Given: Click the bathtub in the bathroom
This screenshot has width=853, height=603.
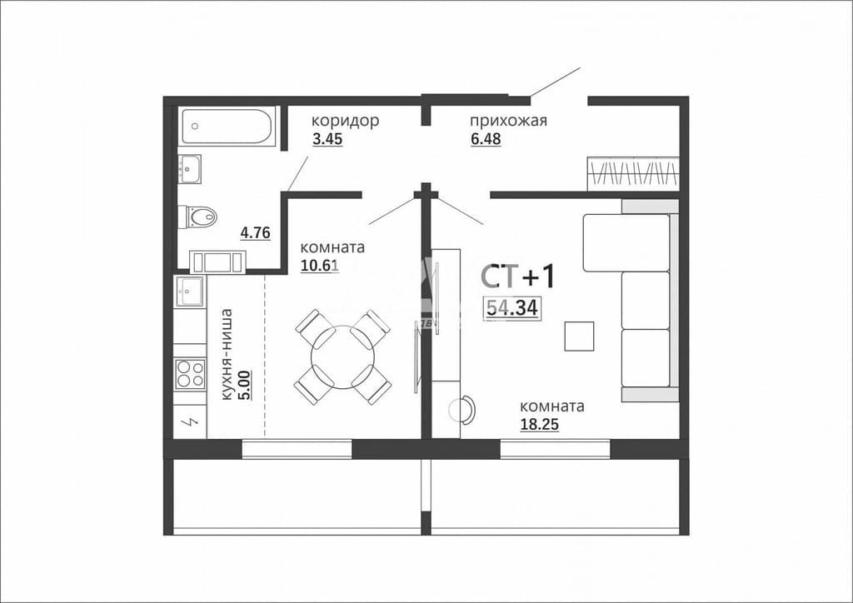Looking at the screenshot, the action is (x=227, y=126).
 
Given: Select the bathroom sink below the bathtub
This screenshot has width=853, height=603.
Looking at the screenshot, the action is (x=190, y=169).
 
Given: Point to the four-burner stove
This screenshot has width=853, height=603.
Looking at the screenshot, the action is (x=190, y=374).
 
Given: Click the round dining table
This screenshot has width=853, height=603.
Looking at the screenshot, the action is (x=342, y=357).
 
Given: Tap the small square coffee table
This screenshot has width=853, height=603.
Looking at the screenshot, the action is (x=579, y=336).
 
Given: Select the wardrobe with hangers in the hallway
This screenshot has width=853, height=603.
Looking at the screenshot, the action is (x=633, y=174).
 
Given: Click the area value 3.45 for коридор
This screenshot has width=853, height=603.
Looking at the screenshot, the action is (x=327, y=139).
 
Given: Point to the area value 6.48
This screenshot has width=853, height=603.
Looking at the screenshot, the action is (x=486, y=139).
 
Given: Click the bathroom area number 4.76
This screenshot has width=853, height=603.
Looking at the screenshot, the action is (x=255, y=232).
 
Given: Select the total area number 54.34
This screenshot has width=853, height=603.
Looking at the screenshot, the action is (x=512, y=308).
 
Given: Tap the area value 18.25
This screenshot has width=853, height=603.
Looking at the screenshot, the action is (x=540, y=425).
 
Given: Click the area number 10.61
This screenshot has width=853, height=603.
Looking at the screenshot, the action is (x=319, y=266).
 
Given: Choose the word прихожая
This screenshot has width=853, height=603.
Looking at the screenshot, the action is (x=509, y=120).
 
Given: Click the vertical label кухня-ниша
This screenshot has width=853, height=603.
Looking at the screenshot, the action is (x=227, y=355).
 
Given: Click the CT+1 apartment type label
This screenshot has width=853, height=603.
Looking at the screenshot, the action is (x=518, y=277).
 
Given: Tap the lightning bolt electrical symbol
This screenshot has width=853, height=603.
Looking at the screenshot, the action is (x=191, y=421).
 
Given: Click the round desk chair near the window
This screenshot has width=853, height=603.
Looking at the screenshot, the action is (x=461, y=410).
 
